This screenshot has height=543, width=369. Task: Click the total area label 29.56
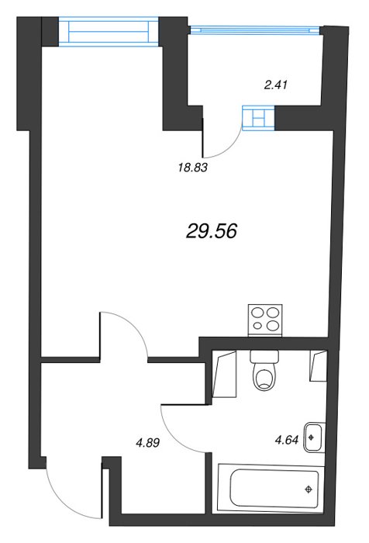click(x=211, y=231)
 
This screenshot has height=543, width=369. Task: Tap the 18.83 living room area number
click(x=192, y=168)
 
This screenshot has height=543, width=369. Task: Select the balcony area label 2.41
click(x=276, y=85)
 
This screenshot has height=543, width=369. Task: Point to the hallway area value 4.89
click(x=148, y=443)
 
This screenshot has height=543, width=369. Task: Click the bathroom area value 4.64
click(x=286, y=441)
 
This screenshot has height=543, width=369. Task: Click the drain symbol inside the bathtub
click(x=308, y=489)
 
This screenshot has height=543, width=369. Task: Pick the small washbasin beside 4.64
click(x=314, y=438)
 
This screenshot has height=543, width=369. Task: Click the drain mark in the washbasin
click(x=311, y=437)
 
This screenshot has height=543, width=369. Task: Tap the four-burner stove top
click(x=265, y=320)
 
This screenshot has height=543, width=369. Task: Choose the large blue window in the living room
click(x=109, y=32)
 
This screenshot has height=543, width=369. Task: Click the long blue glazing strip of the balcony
click(x=255, y=30)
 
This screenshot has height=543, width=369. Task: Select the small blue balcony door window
click(x=258, y=118)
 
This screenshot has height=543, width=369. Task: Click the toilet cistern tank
click(x=264, y=355)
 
